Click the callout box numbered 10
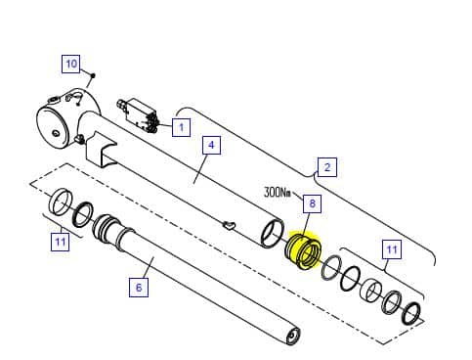pyautogui.click(x=71, y=64)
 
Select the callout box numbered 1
pyautogui.click(x=181, y=127)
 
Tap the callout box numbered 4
pyautogui.click(x=211, y=145)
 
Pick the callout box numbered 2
pyautogui.click(x=327, y=167)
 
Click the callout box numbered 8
pyautogui.click(x=312, y=203)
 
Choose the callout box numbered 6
pyautogui.click(x=139, y=288)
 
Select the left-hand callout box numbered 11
pyautogui.click(x=61, y=242)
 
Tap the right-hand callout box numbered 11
pyautogui.click(x=392, y=249)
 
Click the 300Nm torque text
pyautogui.click(x=278, y=192)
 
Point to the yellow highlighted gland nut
pyautogui.click(x=304, y=250)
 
